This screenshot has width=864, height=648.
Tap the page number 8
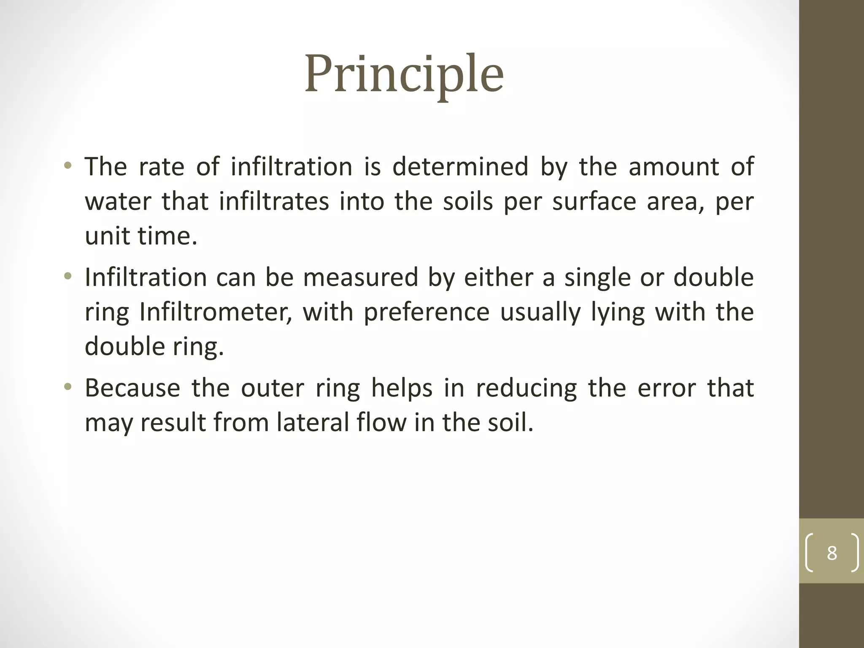832,553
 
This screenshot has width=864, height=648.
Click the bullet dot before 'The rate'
67,165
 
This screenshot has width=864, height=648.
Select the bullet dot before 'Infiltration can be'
67,277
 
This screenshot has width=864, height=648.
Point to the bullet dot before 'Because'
67,387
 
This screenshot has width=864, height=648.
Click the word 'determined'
460,166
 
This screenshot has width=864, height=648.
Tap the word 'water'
118,201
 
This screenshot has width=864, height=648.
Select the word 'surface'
594,201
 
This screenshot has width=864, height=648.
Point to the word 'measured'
360,278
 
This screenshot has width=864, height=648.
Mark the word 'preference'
427,312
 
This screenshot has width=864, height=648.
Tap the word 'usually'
540,312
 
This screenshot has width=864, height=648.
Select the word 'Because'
132,388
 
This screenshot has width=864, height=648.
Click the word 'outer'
273,388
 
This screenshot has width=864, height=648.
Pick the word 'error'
667,388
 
